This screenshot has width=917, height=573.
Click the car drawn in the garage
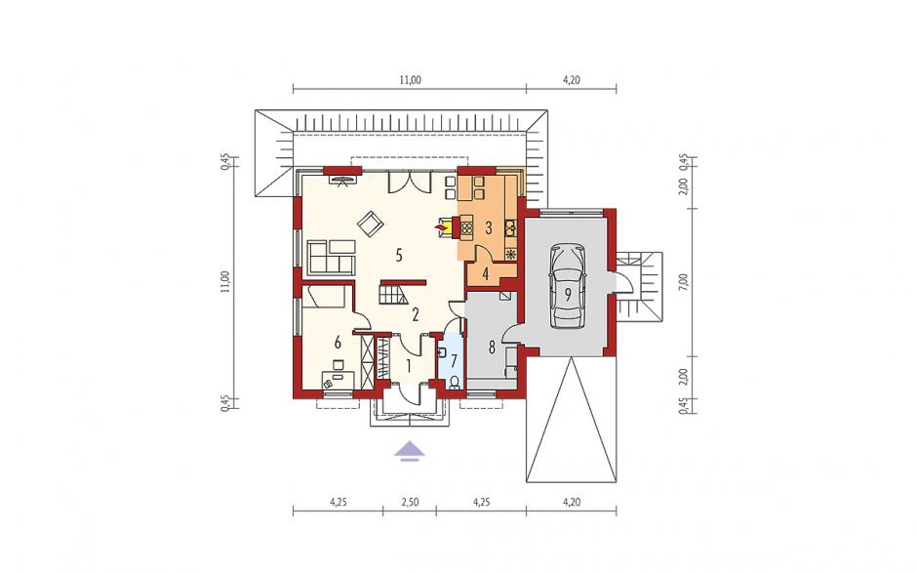568,288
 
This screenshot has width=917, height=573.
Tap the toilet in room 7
454,383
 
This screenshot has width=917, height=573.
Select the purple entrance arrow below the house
410,451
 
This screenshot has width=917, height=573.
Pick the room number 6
338,342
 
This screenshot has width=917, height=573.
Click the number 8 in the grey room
492,348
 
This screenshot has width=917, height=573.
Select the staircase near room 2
393,292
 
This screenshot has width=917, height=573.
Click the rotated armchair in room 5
370,224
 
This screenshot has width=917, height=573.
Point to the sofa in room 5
331,257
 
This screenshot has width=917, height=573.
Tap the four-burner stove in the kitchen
466,226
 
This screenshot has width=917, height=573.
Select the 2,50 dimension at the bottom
410,502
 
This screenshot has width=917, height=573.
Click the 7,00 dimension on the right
687,282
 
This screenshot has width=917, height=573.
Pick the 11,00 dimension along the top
410,80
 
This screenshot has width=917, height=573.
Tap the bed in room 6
327,297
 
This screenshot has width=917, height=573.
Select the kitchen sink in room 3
509,226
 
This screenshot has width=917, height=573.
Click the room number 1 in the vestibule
409,366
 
